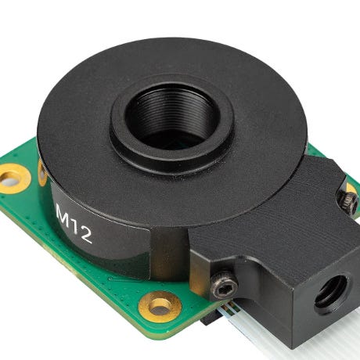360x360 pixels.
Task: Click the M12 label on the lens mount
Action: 74,224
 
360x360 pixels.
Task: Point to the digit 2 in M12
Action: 86,236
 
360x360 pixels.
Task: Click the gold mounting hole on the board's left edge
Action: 13,179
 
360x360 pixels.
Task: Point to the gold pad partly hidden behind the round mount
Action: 41,172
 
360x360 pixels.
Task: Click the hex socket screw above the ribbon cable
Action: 225,286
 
